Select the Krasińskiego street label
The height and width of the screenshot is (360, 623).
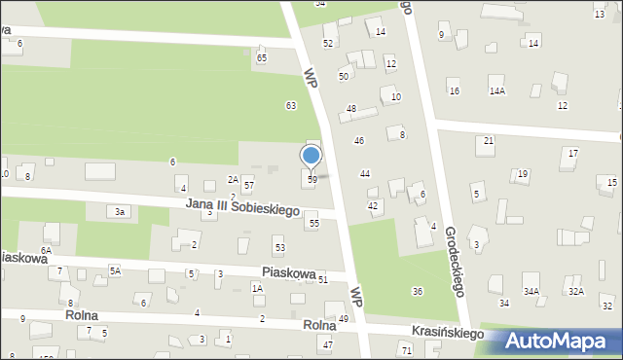tap(447, 334)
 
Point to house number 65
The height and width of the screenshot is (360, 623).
tap(261, 58)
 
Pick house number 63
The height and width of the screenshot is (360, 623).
tap(290, 105)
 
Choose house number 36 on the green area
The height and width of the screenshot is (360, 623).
tap(417, 292)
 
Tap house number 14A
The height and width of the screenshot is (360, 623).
tap(497, 90)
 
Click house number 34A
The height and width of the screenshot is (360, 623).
tap(531, 291)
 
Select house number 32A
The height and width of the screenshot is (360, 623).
tap(576, 291)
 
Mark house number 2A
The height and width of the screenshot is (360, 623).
tap(233, 179)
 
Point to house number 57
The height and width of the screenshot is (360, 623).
tap(249, 185)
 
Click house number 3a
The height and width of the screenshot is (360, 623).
tap(120, 212)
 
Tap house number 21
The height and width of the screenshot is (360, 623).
tap(489, 141)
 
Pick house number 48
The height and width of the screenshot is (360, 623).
tap(350, 108)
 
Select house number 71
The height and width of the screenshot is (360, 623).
tap(406, 348)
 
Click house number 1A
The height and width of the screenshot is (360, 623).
tap(257, 288)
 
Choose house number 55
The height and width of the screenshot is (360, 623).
tap(313, 224)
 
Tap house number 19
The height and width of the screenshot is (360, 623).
tap(523, 174)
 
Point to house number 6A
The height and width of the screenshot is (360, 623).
tap(46, 251)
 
